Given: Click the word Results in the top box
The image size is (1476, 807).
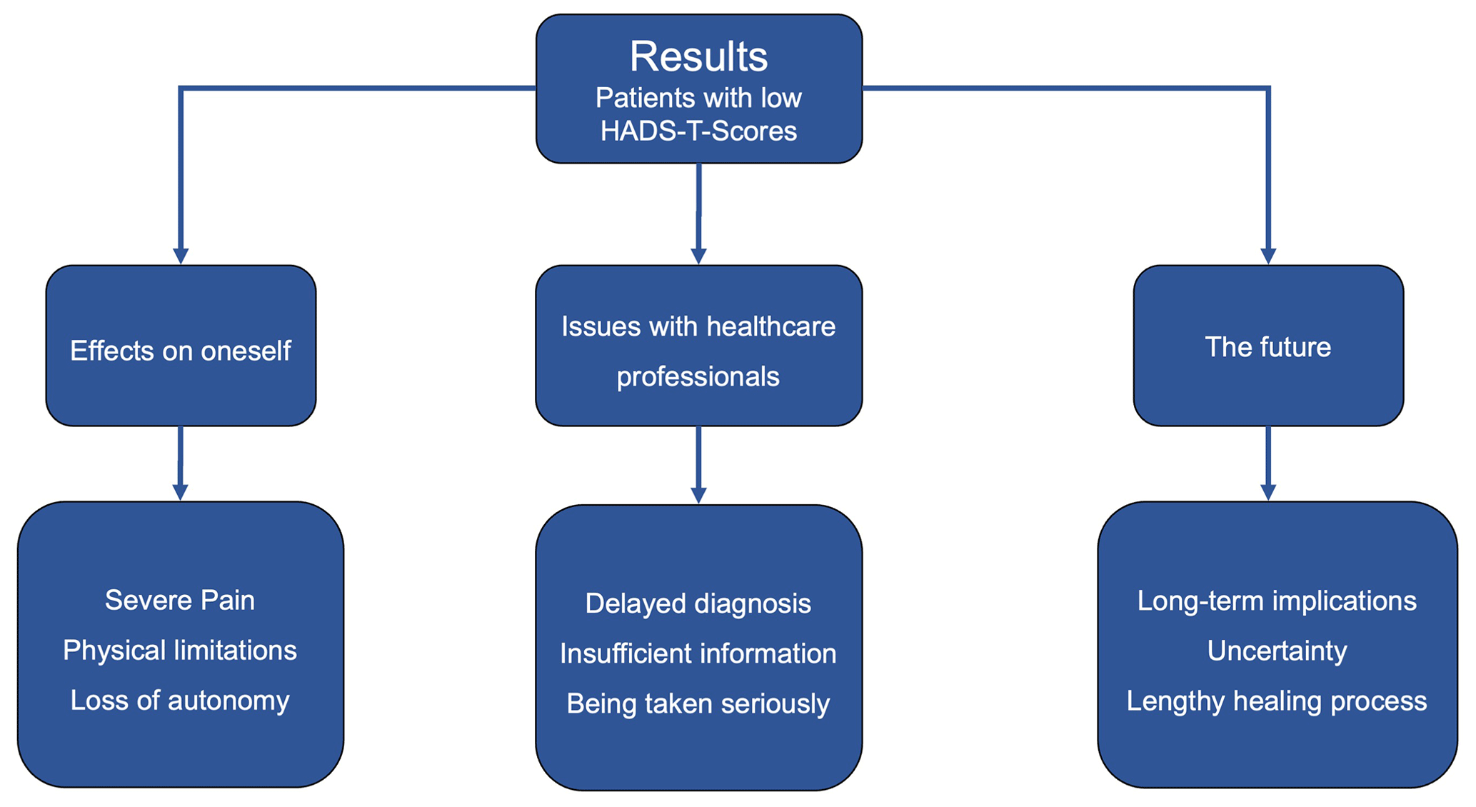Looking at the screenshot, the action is [698, 56].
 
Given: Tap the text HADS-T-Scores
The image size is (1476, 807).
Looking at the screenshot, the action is [698, 131].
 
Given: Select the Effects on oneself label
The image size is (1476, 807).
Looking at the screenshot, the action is [181, 351].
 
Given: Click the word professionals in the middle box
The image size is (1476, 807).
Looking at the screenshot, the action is [698, 377].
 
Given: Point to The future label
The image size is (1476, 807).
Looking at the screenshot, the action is [1268, 347].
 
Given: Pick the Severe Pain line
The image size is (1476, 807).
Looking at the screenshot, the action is [180, 601].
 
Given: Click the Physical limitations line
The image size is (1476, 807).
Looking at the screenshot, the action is [180, 651].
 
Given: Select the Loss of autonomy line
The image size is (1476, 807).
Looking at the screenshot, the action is [180, 701].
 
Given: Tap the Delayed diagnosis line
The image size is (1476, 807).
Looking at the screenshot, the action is [698, 604].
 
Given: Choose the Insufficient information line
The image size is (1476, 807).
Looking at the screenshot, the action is [698, 654].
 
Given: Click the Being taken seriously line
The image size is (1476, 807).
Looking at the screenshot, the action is [698, 704].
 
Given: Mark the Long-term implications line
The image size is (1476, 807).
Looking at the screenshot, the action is [1277, 601].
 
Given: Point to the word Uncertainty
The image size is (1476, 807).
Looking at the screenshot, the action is [1277, 651].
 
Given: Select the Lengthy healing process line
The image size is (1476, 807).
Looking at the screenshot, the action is [1277, 701].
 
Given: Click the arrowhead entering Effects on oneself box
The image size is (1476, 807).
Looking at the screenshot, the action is [181, 256].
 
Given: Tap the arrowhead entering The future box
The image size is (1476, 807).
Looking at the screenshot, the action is [1268, 256].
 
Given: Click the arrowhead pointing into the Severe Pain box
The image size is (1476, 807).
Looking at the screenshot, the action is [181, 493].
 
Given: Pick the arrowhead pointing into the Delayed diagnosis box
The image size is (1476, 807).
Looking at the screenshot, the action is [698, 496].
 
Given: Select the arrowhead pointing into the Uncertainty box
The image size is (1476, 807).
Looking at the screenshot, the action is [1268, 493].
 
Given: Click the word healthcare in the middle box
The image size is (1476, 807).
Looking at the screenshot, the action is [770, 327].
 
